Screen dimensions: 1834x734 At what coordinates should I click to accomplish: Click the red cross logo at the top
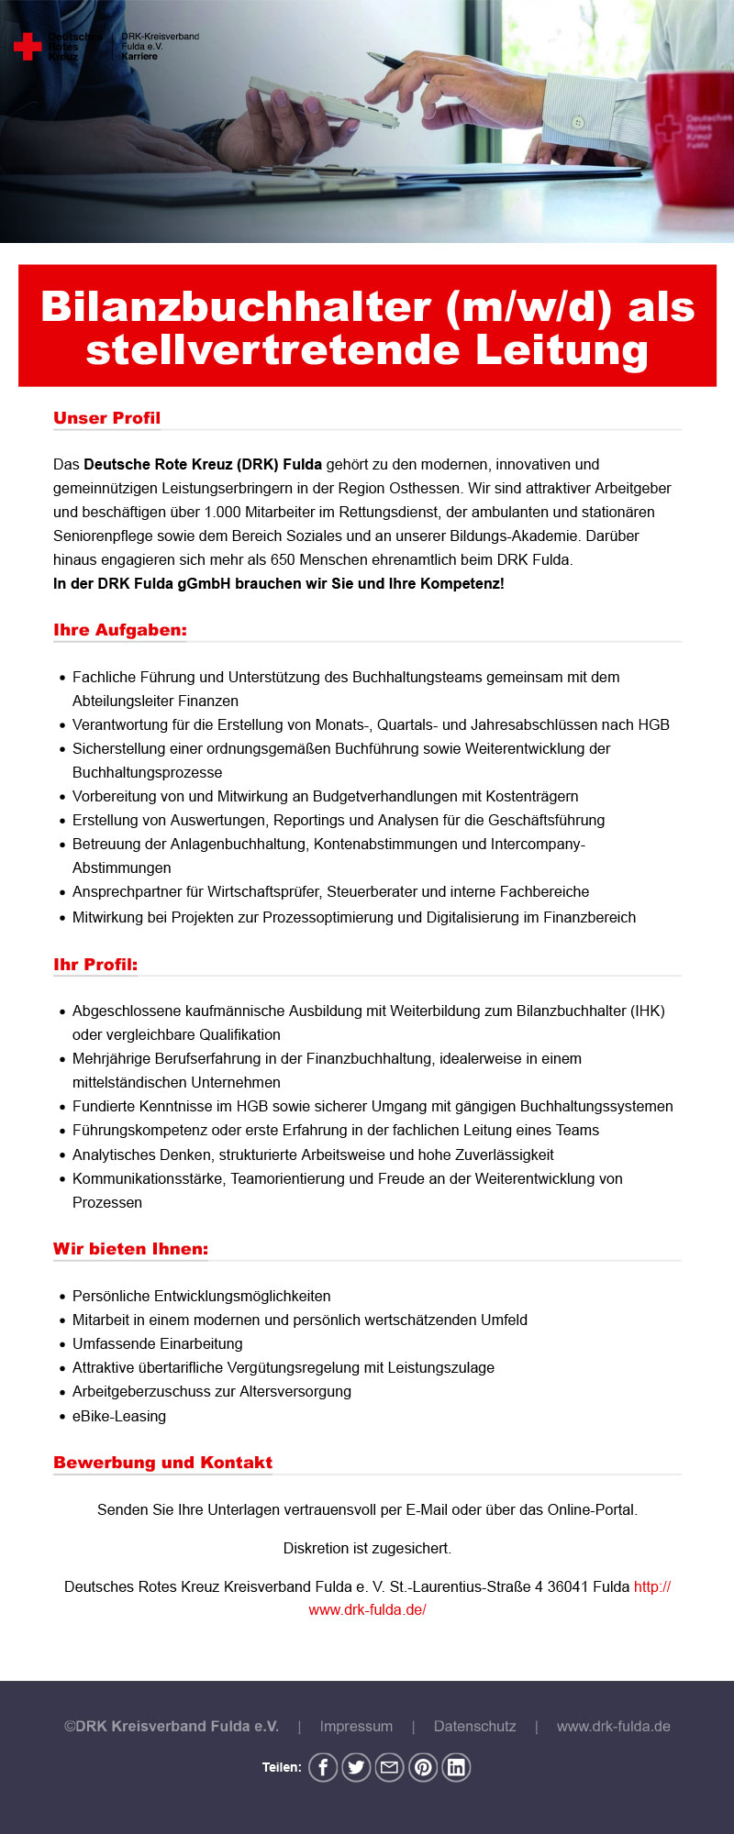pyautogui.click(x=28, y=47)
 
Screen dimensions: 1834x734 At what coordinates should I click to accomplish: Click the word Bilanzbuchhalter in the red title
pyautogui.click(x=236, y=307)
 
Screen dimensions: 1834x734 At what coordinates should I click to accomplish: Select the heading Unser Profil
pyautogui.click(x=106, y=418)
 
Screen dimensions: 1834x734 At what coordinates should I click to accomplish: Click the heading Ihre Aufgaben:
pyautogui.click(x=119, y=630)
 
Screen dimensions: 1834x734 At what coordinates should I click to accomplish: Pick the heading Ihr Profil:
pyautogui.click(x=95, y=965)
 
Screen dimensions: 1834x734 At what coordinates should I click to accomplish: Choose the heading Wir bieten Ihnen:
pyautogui.click(x=130, y=1249)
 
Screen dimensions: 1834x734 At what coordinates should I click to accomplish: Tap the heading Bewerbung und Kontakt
pyautogui.click(x=162, y=1463)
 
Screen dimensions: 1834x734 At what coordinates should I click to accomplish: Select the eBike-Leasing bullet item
pyautogui.click(x=119, y=1416)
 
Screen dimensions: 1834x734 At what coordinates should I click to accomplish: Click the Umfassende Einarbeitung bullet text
pyautogui.click(x=158, y=1344)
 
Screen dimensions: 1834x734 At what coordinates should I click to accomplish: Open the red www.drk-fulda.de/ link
pyautogui.click(x=367, y=1609)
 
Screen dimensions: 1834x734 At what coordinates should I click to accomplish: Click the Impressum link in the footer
pyautogui.click(x=356, y=1726)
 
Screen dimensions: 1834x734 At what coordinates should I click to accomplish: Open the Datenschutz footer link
pyautogui.click(x=474, y=1726)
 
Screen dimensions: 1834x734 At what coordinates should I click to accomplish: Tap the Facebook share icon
pyautogui.click(x=323, y=1767)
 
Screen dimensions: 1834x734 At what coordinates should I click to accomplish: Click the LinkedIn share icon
pyautogui.click(x=456, y=1767)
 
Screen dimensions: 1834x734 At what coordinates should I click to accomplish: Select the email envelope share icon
pyautogui.click(x=389, y=1767)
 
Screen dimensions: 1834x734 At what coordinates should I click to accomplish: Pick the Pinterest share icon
pyautogui.click(x=423, y=1767)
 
